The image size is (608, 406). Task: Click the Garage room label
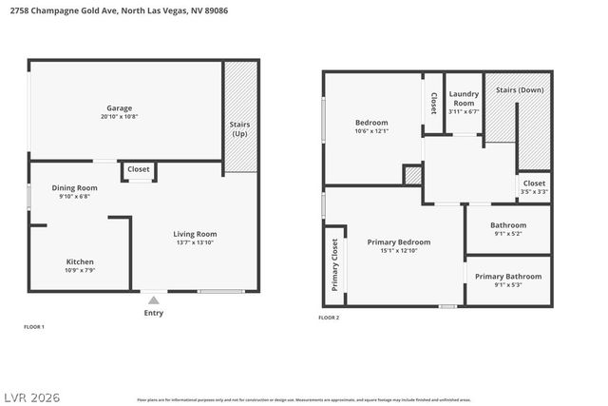pos(119,107)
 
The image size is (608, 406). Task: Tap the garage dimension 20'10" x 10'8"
pos(119,116)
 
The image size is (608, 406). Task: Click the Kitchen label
pos(80,261)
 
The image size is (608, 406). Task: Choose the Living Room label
pos(195,234)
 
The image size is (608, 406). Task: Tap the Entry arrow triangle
pos(153,300)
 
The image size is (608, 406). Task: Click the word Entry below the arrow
pos(153,313)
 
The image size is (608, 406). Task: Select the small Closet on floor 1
pos(139,169)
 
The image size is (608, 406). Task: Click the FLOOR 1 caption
pos(34,327)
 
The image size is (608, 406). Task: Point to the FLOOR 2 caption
pos(329,318)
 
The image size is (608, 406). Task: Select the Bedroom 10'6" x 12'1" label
pos(371,123)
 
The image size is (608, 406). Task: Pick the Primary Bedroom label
pos(398,242)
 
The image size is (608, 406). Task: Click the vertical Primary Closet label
pos(334,265)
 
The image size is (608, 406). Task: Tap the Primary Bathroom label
pos(508,276)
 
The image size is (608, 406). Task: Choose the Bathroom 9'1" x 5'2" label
pos(508,225)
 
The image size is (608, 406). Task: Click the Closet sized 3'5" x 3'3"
pos(534,184)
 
